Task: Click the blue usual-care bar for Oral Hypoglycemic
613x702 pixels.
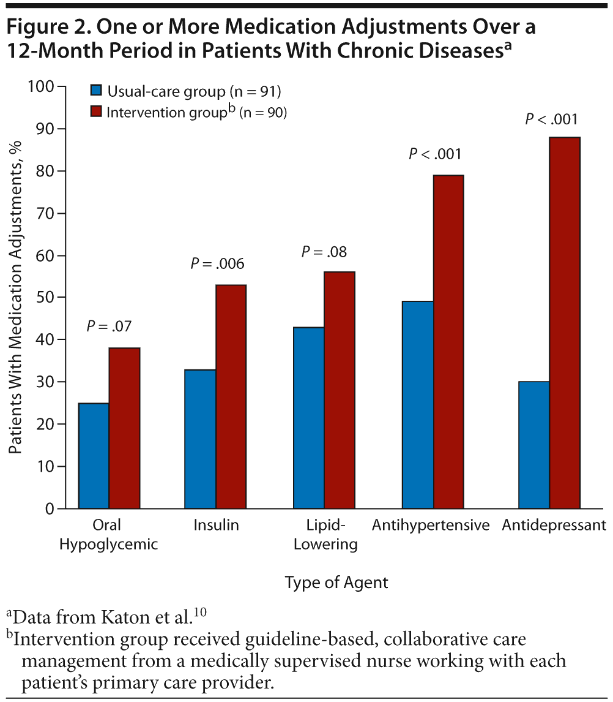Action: coord(94,456)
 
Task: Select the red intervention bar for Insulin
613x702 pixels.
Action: coord(231,396)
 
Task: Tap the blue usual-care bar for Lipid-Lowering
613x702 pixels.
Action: coord(309,418)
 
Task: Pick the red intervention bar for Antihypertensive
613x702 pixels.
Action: coord(448,342)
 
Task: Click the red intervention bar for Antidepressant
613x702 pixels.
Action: coord(565,323)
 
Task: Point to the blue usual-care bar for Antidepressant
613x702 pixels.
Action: coord(533,445)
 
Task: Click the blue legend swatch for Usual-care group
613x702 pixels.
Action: coord(95,91)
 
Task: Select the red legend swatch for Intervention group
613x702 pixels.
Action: coord(95,112)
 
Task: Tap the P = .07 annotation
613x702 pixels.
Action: coord(109,326)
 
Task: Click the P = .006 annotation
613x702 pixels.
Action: coord(217,264)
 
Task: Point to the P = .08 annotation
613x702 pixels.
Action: coord(325,251)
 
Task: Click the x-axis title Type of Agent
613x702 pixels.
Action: coord(336,582)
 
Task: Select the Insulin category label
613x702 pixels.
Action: coord(216,526)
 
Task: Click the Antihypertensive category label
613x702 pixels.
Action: coord(431,526)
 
